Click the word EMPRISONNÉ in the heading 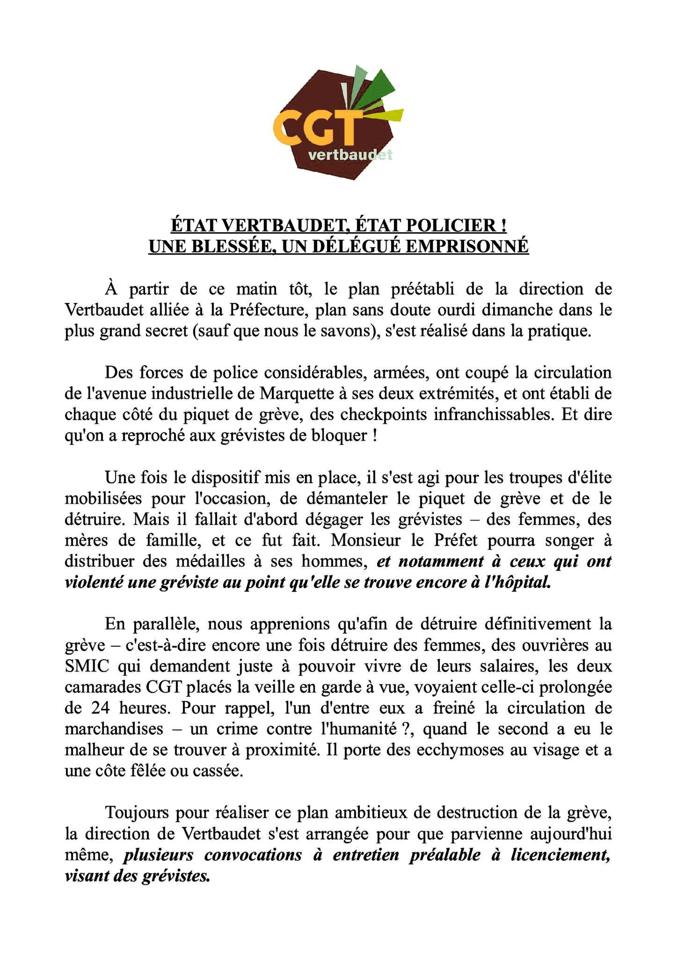click(467, 246)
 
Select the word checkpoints click(383, 414)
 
